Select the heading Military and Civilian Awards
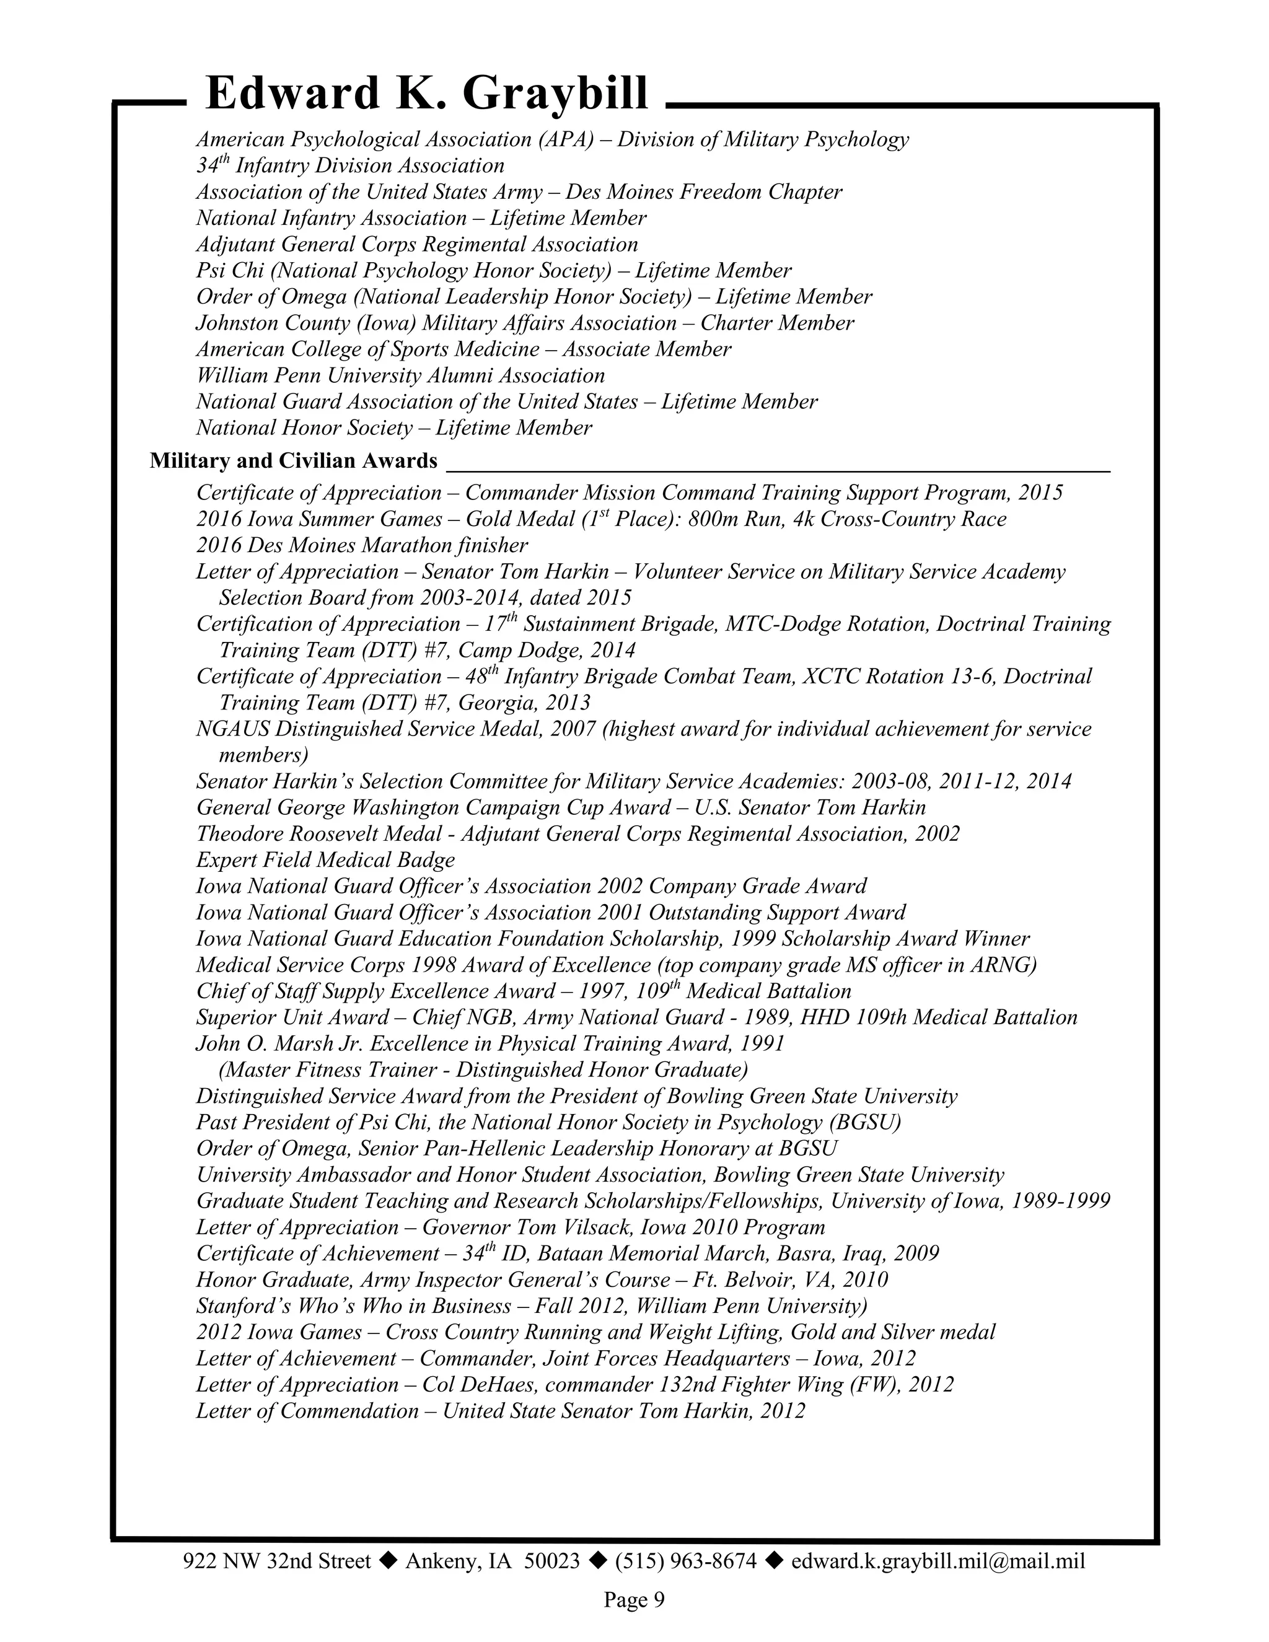click(293, 460)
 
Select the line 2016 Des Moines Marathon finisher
click(362, 545)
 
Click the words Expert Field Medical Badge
click(325, 860)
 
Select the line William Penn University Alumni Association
click(400, 375)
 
